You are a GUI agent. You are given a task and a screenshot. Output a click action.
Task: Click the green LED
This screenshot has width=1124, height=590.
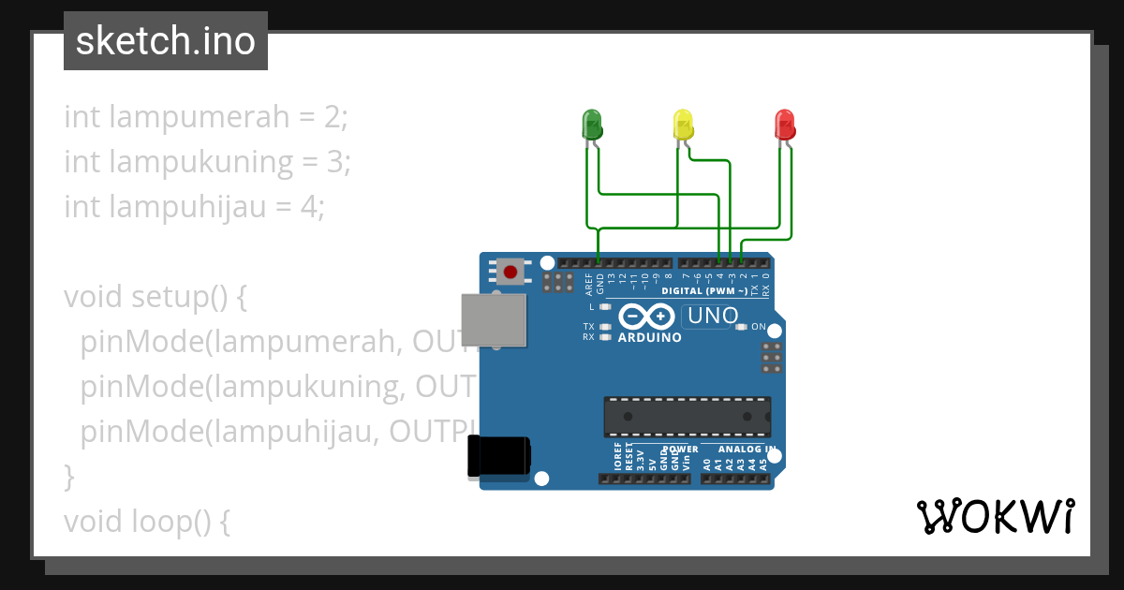coord(592,124)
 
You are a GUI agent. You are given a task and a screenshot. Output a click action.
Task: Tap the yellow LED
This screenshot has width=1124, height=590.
coord(683,124)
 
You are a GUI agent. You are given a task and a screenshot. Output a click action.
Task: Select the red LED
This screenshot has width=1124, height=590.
coord(784,124)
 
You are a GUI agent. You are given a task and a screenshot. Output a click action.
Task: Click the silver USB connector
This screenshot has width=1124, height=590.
coord(494,319)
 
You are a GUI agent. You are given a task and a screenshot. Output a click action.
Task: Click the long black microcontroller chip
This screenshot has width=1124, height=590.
coord(687,417)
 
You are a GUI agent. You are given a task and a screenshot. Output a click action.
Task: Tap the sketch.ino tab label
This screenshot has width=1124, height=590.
coord(166,41)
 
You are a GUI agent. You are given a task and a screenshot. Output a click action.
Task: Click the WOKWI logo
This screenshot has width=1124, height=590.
coord(995,517)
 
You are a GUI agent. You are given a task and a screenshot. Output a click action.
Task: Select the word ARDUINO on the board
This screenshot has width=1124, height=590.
coord(650,337)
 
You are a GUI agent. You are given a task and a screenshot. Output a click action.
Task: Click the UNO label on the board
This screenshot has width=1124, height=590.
coord(713,317)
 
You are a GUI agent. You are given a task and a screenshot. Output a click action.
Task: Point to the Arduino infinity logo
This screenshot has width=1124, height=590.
coord(645,317)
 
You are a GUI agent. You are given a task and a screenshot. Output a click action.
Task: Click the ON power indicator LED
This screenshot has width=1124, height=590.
coord(742,327)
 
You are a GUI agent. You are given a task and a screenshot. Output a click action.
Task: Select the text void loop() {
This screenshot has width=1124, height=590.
coord(147,521)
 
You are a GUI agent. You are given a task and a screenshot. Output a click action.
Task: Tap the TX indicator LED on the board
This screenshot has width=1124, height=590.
coord(605,327)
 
